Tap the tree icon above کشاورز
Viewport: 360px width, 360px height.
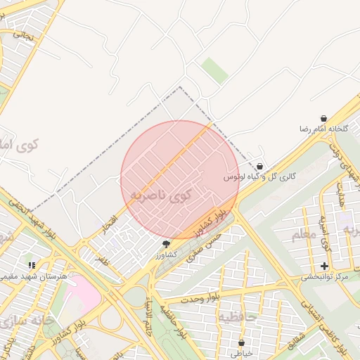click(166, 244)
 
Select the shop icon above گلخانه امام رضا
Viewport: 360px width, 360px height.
click(323, 118)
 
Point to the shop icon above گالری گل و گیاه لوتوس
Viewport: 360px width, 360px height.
click(260, 167)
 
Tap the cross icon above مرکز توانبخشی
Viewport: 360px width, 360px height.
click(324, 266)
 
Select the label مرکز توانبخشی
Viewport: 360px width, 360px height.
click(325, 277)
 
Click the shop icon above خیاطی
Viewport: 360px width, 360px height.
click(242, 342)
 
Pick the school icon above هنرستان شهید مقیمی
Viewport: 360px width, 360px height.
click(32, 265)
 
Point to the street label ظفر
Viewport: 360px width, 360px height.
click(103, 260)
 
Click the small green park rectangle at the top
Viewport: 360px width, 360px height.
click(215, 70)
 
